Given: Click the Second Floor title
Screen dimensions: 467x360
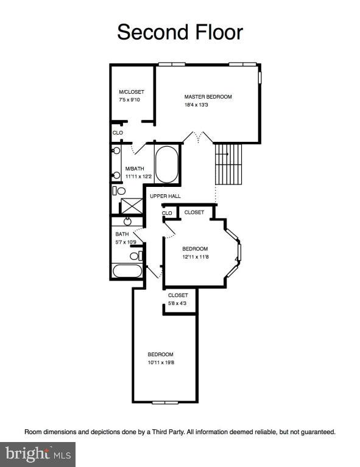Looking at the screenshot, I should (180, 32).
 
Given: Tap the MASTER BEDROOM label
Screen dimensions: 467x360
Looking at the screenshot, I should (208, 97).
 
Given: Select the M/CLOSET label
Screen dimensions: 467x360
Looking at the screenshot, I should (132, 92).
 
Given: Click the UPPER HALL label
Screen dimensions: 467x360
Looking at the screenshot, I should (165, 196).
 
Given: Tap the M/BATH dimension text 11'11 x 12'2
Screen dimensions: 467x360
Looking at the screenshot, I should (138, 177).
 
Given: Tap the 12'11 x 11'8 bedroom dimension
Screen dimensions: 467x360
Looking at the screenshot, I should (196, 257).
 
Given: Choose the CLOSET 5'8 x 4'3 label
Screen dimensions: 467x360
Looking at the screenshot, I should (178, 300).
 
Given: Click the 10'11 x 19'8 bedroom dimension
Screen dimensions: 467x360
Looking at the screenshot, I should (161, 363).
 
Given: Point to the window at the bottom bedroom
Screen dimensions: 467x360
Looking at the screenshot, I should (164, 402).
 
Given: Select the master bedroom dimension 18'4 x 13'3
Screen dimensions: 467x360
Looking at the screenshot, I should (197, 105).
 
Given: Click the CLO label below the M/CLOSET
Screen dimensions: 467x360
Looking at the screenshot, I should (118, 132).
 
